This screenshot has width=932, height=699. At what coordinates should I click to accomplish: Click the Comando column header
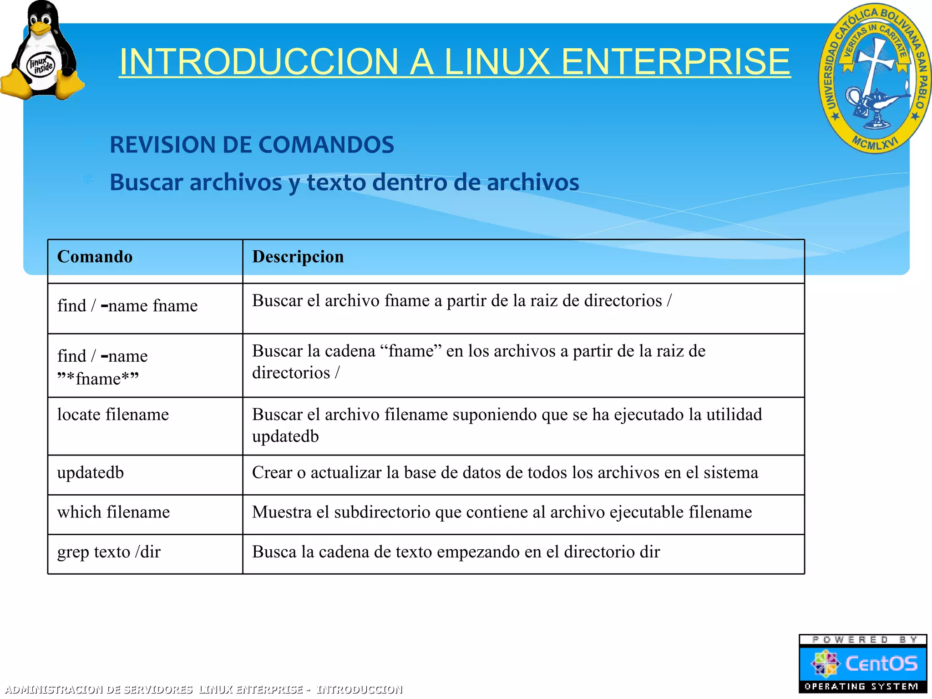click(95, 257)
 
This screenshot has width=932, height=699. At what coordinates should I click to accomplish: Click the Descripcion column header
click(298, 257)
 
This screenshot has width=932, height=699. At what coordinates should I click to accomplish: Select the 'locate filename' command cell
click(113, 415)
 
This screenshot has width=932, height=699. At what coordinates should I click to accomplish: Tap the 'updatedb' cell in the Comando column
click(91, 473)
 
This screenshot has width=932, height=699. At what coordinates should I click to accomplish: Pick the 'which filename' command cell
click(113, 512)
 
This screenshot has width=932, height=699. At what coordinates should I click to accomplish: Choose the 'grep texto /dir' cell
click(109, 552)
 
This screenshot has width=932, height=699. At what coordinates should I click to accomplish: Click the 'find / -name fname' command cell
click(127, 305)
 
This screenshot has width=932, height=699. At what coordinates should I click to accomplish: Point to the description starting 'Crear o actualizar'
click(505, 473)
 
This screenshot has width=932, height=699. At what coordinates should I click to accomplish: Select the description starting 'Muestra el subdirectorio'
click(502, 512)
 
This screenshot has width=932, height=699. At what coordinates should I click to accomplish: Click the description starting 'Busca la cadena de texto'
click(456, 552)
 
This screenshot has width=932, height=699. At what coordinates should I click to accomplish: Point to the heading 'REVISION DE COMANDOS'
click(252, 145)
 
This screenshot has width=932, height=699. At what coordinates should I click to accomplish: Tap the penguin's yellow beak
click(41, 29)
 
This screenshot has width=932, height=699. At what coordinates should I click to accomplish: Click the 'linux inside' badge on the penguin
click(41, 65)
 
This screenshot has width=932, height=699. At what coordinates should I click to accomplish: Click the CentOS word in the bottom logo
click(881, 664)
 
